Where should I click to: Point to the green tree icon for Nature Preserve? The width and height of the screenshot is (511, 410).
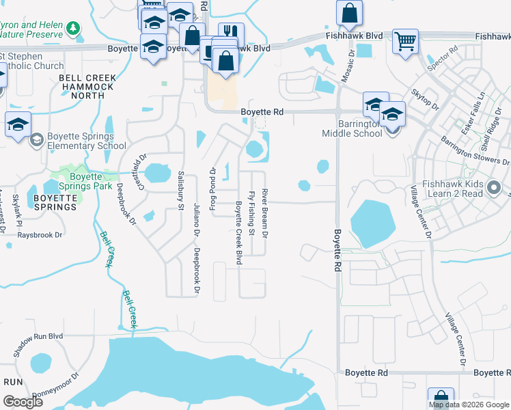coord(71,29)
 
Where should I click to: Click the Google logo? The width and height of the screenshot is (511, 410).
coord(23,402)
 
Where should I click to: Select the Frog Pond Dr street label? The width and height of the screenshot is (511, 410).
coord(212,184)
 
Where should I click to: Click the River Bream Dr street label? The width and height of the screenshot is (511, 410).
coord(264,214)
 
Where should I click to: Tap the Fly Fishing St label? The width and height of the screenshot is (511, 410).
coord(251,213)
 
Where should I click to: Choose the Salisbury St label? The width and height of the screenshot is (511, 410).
coord(181,189)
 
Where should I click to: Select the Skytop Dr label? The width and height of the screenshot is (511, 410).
coord(425,98)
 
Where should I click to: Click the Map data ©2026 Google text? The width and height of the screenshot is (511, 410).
coord(468,405)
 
